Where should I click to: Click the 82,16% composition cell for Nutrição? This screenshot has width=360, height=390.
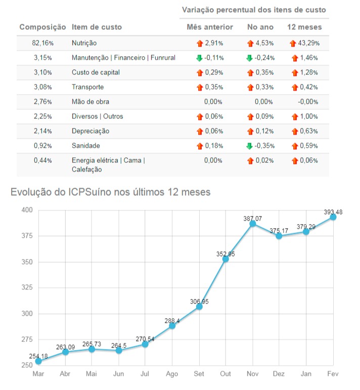pyautogui.click(x=42, y=44)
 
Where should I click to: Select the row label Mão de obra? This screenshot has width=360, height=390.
pyautogui.click(x=91, y=102)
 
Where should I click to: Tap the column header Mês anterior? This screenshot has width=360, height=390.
pyautogui.click(x=210, y=27)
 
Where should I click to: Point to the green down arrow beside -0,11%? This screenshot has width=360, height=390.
pyautogui.click(x=199, y=58)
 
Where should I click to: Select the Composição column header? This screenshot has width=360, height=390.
pyautogui.click(x=42, y=27)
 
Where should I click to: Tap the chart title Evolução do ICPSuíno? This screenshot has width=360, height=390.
pyautogui.click(x=110, y=192)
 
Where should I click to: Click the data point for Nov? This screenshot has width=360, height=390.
pyautogui.click(x=253, y=224)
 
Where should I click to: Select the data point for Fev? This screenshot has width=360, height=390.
pyautogui.click(x=333, y=216)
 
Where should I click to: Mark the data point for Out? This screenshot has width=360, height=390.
pyautogui.click(x=226, y=259)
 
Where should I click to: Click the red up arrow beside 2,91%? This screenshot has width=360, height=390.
pyautogui.click(x=199, y=44)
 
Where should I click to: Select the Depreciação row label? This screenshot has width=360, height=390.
pyautogui.click(x=90, y=131)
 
